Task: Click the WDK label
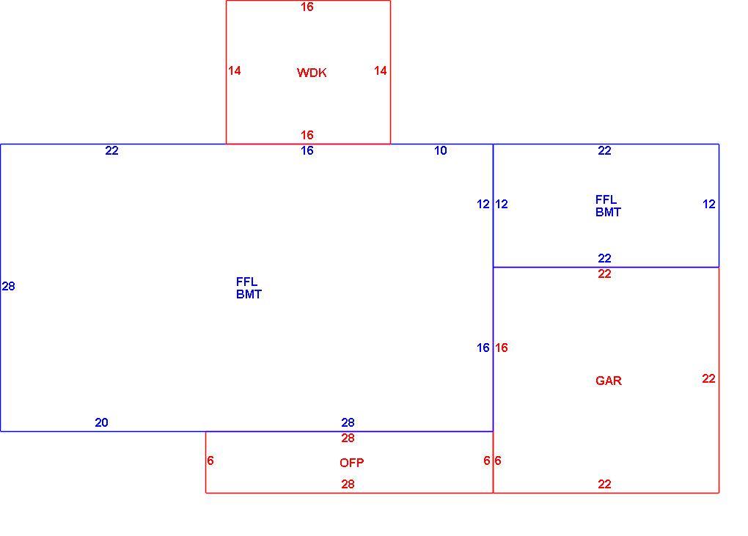[312, 73]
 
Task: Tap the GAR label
[609, 381]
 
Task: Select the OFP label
[351, 463]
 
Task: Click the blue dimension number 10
[440, 151]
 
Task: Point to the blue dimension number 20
[101, 422]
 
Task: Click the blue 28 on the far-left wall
[9, 286]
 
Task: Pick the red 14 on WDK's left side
[234, 70]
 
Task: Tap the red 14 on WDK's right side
[380, 70]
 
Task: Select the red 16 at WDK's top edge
[307, 7]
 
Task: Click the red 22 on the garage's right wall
[708, 378]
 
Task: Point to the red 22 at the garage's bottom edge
[604, 485]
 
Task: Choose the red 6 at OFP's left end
[210, 460]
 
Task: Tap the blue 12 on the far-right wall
[709, 204]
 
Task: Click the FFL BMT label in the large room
[249, 288]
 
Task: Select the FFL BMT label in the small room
[608, 206]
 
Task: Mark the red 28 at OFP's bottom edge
[348, 485]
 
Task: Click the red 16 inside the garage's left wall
[502, 348]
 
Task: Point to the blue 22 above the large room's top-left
[111, 151]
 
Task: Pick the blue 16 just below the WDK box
[307, 151]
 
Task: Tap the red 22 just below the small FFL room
[604, 273]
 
